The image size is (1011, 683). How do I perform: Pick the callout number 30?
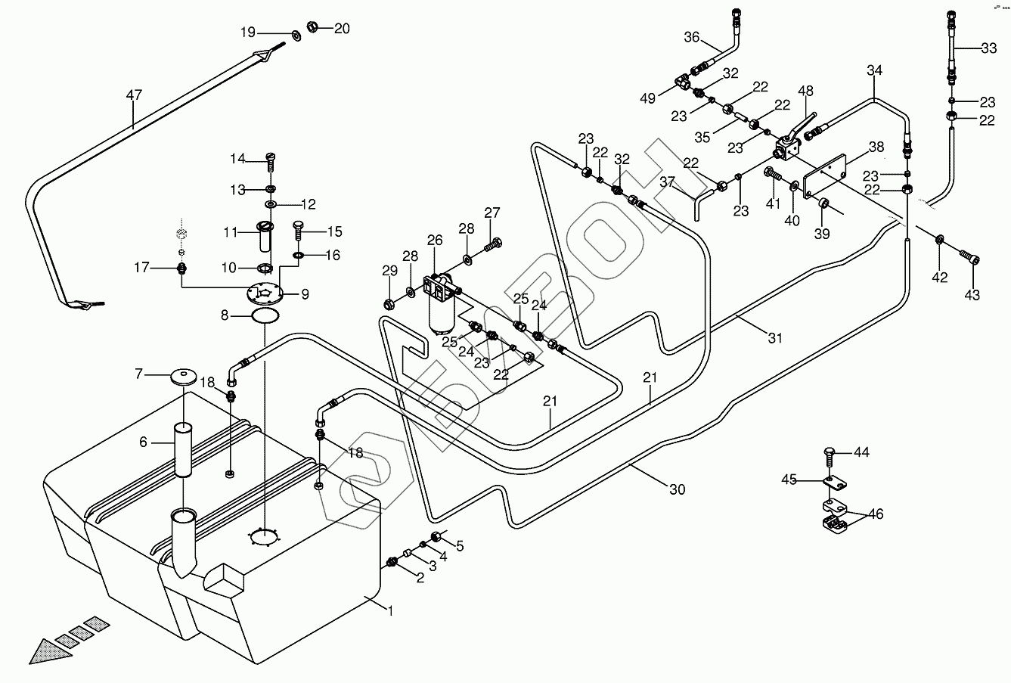point(678,489)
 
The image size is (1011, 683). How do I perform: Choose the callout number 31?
point(774,338)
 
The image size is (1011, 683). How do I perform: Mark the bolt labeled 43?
point(969,257)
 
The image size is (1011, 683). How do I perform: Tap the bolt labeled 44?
point(829,455)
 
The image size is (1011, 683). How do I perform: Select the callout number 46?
point(876,515)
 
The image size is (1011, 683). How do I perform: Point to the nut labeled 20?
point(312,29)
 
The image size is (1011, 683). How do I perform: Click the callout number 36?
point(692,37)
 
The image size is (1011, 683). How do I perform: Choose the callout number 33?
point(988,48)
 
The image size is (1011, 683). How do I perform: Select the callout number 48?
point(806,91)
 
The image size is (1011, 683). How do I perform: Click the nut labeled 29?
point(389,304)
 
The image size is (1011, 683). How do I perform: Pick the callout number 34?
point(874,70)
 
